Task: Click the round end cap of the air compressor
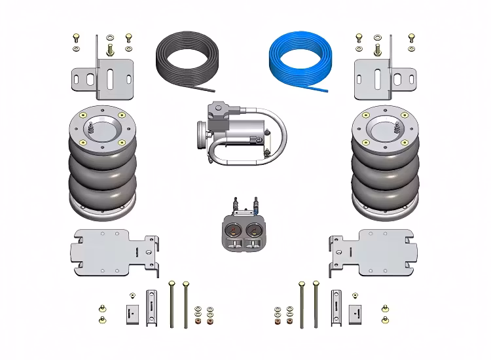point(198,138)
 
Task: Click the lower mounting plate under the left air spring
point(115,251)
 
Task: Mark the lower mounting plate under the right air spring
point(373,251)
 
